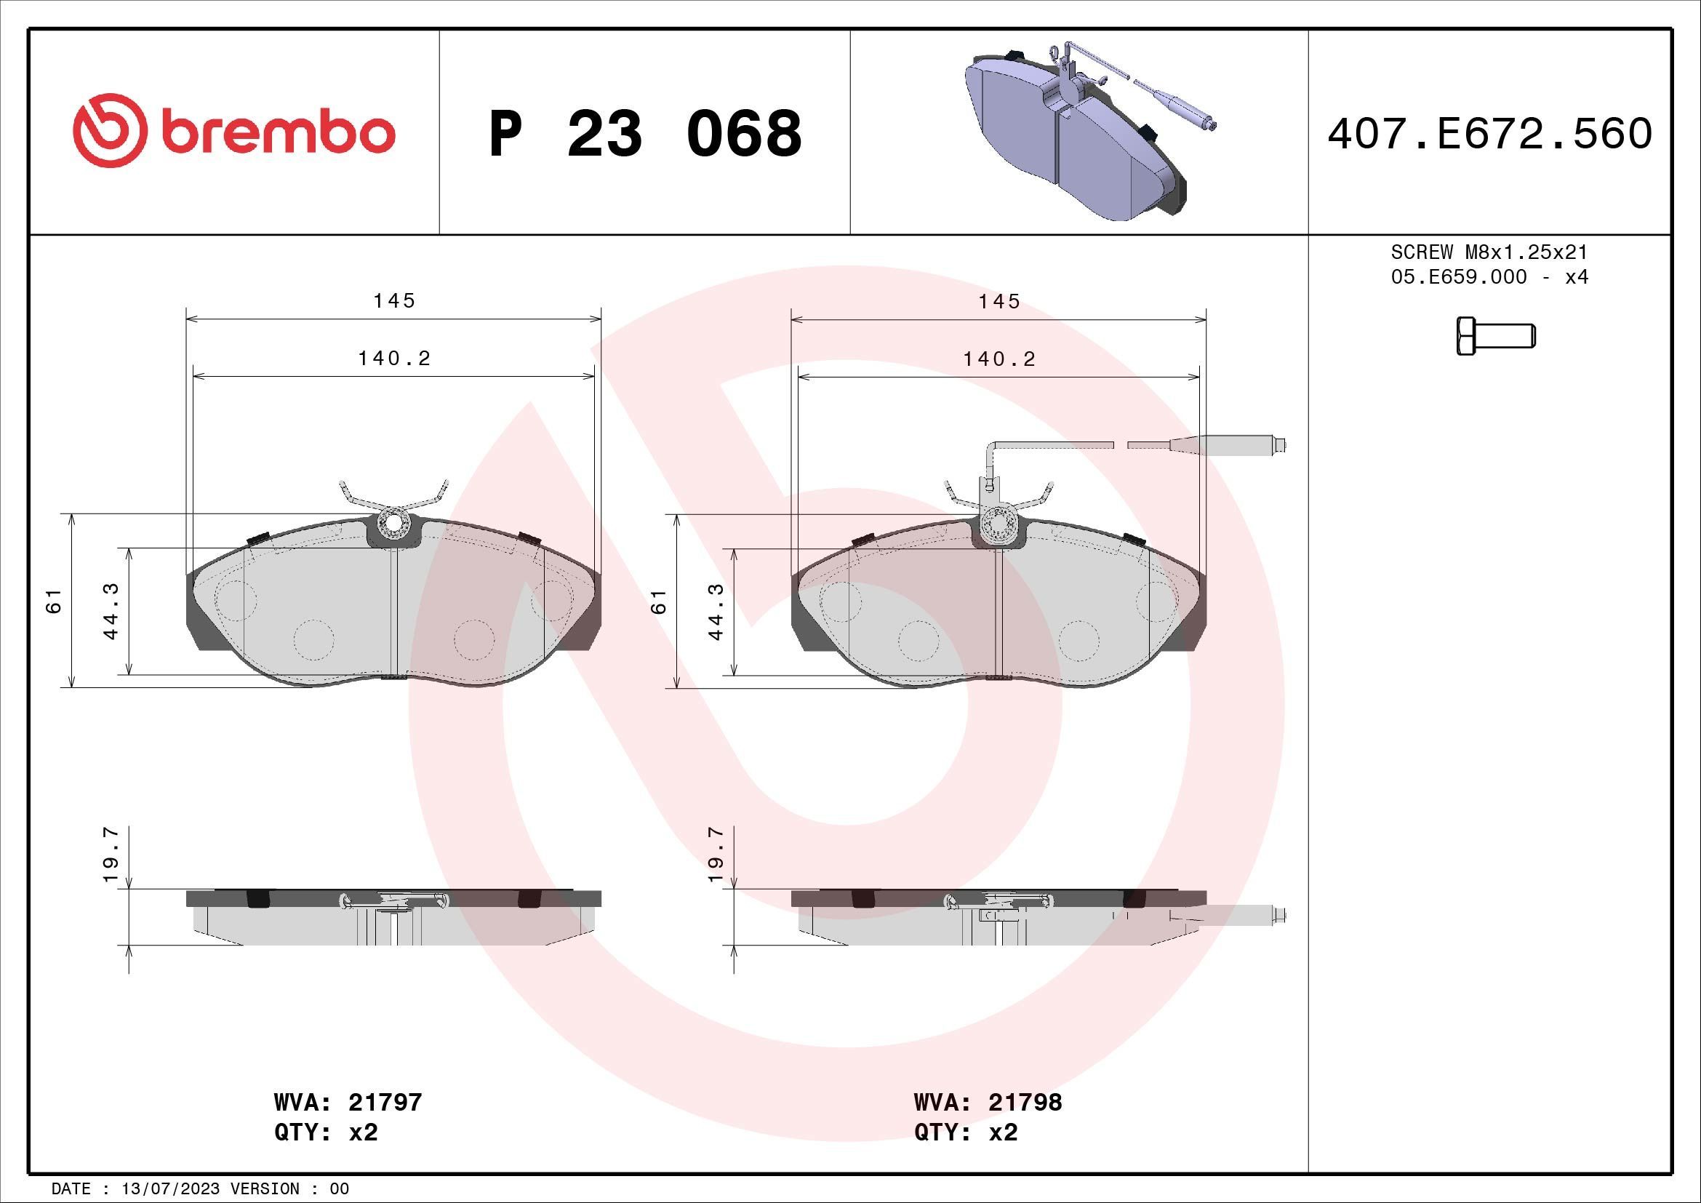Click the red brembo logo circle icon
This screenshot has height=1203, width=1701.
tap(106, 130)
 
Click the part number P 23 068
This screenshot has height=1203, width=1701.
tap(644, 133)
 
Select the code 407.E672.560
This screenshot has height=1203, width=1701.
tap(1489, 134)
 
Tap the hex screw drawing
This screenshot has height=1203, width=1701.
tap(1495, 335)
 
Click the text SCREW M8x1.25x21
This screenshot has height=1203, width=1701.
tap(1489, 252)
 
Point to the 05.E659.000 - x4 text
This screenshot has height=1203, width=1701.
tap(1489, 277)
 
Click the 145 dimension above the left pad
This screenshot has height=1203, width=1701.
tap(394, 301)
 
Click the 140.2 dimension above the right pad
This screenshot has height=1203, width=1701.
tap(998, 359)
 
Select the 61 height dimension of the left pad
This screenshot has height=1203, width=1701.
tap(53, 601)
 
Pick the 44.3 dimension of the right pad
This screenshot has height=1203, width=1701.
tap(715, 611)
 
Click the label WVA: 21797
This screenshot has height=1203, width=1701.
tap(348, 1101)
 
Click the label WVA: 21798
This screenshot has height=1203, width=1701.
tap(988, 1101)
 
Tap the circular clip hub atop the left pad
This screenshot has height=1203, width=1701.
tap(393, 524)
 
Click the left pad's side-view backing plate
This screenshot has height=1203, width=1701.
tap(393, 898)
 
